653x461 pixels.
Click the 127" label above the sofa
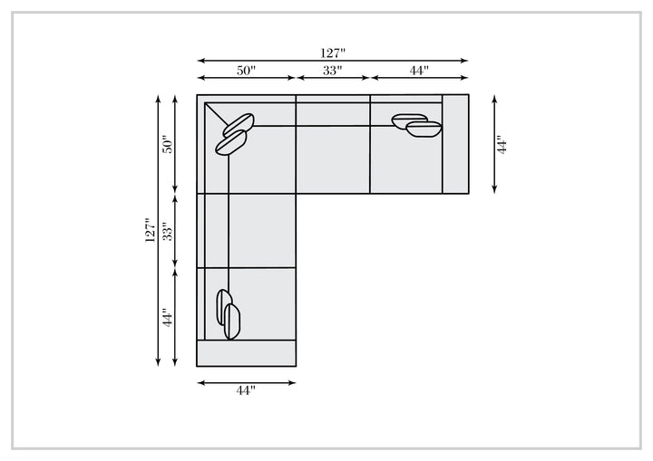[333, 53]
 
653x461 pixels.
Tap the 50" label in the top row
[246, 71]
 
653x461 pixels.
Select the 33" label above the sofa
[332, 71]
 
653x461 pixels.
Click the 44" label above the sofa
[419, 71]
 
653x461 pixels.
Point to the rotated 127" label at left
[150, 230]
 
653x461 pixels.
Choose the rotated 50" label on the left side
[167, 144]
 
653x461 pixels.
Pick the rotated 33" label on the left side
[167, 231]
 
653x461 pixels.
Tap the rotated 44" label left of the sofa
[167, 318]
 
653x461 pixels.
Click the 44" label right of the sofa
[502, 144]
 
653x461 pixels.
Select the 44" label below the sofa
[246, 390]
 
